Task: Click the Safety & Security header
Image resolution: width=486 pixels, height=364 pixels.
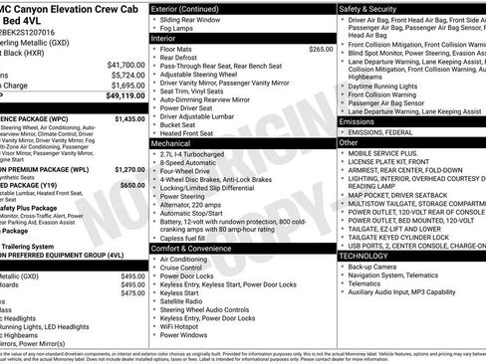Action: tap(374, 9)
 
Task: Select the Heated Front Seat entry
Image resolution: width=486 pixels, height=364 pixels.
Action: tap(191, 133)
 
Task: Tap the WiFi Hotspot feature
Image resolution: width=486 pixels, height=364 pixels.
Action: tap(185, 324)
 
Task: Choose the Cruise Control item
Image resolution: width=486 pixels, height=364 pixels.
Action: tap(186, 268)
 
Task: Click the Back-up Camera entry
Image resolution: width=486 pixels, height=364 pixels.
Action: tap(375, 267)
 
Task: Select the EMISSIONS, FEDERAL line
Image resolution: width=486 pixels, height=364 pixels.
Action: tap(389, 132)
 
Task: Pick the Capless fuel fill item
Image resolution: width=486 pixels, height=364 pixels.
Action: tap(189, 238)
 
